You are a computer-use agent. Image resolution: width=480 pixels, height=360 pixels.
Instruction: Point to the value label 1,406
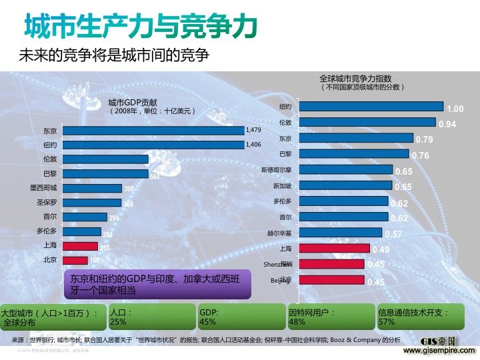click(254, 145)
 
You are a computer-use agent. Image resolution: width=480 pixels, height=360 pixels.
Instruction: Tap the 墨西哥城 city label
click(44, 188)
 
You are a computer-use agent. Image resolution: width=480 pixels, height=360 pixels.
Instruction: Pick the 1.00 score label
click(455, 109)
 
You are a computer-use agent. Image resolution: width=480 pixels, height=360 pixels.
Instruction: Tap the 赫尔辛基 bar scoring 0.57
click(340, 233)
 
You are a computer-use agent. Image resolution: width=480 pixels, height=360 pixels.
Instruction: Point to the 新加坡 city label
click(281, 186)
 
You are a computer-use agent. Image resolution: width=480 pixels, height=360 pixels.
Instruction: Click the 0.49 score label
click(381, 250)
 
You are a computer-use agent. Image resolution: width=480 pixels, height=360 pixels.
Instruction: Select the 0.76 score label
click(421, 156)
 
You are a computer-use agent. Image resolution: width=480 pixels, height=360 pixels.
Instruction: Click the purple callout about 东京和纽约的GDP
click(157, 283)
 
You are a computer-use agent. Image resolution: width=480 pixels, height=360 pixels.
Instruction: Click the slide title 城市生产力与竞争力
click(140, 27)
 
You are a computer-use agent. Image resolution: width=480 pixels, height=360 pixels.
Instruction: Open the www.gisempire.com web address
click(441, 350)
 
